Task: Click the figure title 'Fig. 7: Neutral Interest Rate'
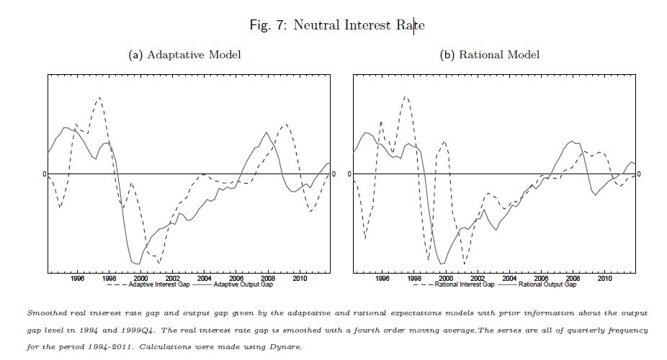pos(336,26)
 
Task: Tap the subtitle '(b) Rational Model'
pos(489,55)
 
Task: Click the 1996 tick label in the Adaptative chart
pos(78,278)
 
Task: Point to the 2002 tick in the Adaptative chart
pos(172,278)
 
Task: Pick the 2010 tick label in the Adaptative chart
pos(299,278)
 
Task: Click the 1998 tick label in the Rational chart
pos(414,278)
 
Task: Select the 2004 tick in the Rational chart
pos(509,278)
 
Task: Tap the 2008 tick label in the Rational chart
pos(573,278)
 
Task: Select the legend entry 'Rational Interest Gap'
pos(465,284)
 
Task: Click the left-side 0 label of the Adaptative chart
pos(44,174)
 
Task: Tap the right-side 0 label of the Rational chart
pos(639,174)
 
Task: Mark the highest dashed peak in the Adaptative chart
pos(99,97)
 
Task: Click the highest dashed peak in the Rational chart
pos(406,96)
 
